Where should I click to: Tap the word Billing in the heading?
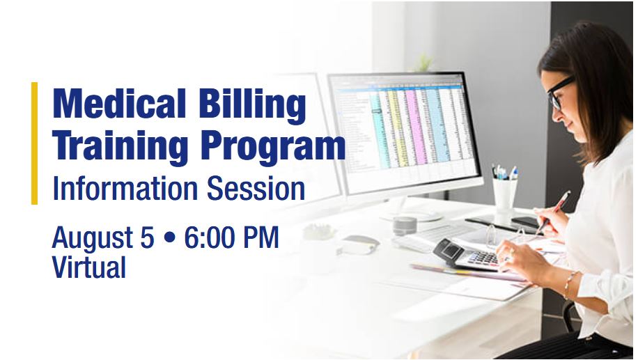pyautogui.click(x=252, y=106)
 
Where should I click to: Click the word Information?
pyautogui.click(x=125, y=188)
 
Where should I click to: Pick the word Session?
pyautogui.click(x=256, y=188)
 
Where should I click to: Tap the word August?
pyautogui.click(x=93, y=238)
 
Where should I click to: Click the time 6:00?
pyautogui.click(x=210, y=237)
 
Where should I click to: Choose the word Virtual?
pyautogui.click(x=88, y=267)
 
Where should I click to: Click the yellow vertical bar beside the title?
pyautogui.click(x=35, y=143)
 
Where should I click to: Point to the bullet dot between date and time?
pyautogui.click(x=169, y=238)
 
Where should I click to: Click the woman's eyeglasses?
pyautogui.click(x=560, y=92)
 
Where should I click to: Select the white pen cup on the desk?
pyautogui.click(x=504, y=196)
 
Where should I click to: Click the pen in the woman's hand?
pyautogui.click(x=553, y=212)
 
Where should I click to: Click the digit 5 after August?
pyautogui.click(x=147, y=237)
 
